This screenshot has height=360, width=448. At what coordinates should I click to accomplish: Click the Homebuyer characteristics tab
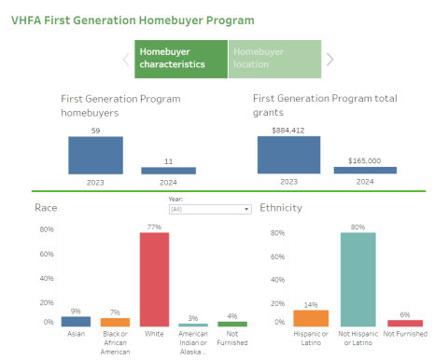(x=181, y=59)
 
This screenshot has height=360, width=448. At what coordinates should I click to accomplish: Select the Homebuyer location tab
(x=273, y=59)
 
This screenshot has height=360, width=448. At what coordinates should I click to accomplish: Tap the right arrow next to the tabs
(x=329, y=60)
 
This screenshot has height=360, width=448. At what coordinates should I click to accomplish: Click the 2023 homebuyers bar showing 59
(x=95, y=156)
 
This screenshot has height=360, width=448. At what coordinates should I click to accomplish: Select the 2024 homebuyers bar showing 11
(x=168, y=171)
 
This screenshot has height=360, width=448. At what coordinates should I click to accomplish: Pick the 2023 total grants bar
(x=288, y=156)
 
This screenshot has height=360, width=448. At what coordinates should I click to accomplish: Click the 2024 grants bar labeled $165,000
(x=365, y=171)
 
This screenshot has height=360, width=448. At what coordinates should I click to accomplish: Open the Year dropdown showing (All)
(x=209, y=210)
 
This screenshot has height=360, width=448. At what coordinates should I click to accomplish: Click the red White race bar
(x=154, y=280)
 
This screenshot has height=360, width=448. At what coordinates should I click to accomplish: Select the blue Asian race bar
(x=76, y=321)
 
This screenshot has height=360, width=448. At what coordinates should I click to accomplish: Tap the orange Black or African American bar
(x=115, y=322)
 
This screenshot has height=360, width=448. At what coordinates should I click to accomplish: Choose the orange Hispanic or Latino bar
(x=311, y=318)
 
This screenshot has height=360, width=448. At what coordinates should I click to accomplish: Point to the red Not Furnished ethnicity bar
(x=405, y=323)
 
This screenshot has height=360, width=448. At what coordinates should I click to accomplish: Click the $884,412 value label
(x=287, y=131)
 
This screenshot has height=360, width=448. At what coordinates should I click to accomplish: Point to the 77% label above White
(x=154, y=227)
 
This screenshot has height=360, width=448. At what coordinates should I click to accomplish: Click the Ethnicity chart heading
(x=280, y=207)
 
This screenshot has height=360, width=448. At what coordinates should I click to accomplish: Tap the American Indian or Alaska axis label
(x=193, y=342)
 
